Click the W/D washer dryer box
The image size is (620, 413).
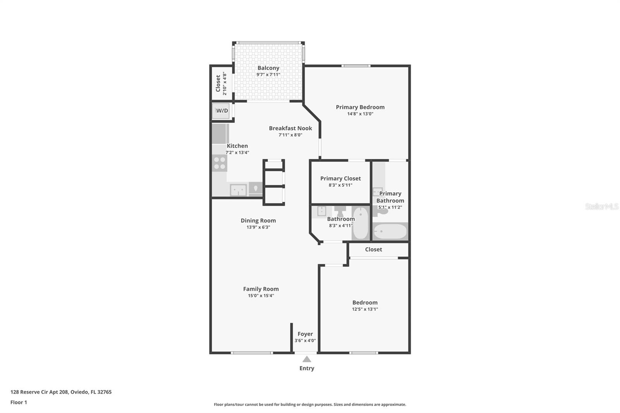222,111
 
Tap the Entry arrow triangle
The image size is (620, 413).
307,359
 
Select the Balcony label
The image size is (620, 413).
268,68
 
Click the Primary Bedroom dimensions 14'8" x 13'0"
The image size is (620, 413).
360,114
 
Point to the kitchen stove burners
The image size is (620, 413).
220,163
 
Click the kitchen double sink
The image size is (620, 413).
238,190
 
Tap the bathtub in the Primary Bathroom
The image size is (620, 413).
390,232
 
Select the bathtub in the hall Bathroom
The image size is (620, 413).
360,224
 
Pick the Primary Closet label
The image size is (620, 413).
340,179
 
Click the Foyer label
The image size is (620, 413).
305,334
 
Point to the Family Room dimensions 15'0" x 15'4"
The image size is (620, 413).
261,296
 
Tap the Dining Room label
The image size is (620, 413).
258,220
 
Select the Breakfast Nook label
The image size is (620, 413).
290,128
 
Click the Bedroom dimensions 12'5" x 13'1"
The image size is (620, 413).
365,309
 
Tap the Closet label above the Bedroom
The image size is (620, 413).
373,250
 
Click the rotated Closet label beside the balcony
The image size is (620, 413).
218,83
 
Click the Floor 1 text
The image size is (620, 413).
19,402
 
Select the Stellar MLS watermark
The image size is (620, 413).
601,206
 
